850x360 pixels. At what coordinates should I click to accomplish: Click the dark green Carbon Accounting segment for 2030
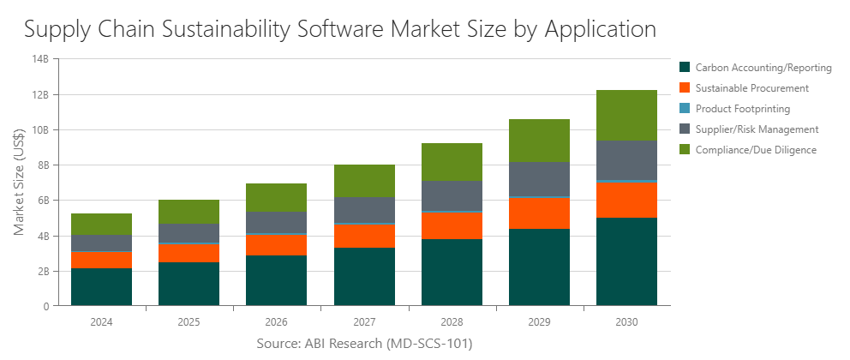click(x=626, y=261)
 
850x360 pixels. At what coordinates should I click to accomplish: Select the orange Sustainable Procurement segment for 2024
click(x=101, y=260)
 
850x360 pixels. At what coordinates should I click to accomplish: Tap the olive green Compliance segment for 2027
click(x=364, y=181)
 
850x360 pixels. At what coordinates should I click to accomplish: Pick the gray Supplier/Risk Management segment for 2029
click(x=539, y=179)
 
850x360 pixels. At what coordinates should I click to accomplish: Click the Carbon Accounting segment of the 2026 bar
click(x=276, y=280)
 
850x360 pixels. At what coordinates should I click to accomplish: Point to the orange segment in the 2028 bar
click(x=452, y=225)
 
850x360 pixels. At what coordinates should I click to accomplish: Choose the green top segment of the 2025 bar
click(x=189, y=212)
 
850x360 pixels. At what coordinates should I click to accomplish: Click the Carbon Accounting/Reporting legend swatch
click(x=685, y=67)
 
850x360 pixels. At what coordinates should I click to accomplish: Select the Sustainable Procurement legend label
click(x=751, y=88)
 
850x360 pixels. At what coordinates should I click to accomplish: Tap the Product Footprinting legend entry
click(x=742, y=109)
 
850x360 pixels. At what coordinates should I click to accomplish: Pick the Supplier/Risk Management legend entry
click(x=757, y=129)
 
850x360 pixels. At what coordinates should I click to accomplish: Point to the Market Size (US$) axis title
click(x=20, y=182)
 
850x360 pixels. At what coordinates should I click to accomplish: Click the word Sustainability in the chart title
click(x=221, y=29)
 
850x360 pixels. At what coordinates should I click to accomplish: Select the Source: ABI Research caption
click(x=364, y=344)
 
